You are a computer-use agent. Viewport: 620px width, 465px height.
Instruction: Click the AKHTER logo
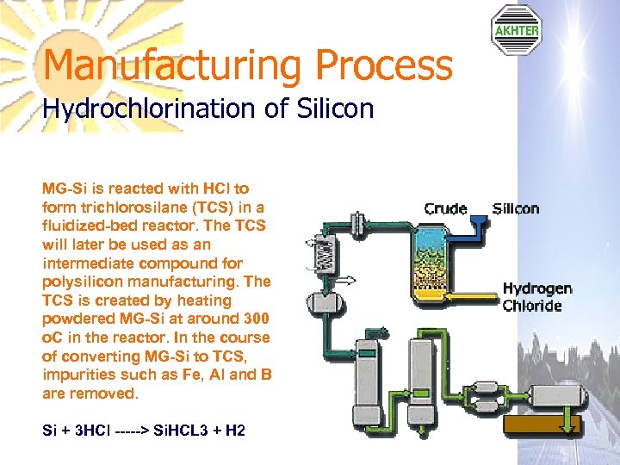pos(516,30)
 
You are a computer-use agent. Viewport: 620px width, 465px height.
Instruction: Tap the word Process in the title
pos(384,65)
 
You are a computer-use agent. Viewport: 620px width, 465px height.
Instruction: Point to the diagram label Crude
pos(445,208)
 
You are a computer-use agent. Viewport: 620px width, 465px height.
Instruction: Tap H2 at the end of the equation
pos(235,429)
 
